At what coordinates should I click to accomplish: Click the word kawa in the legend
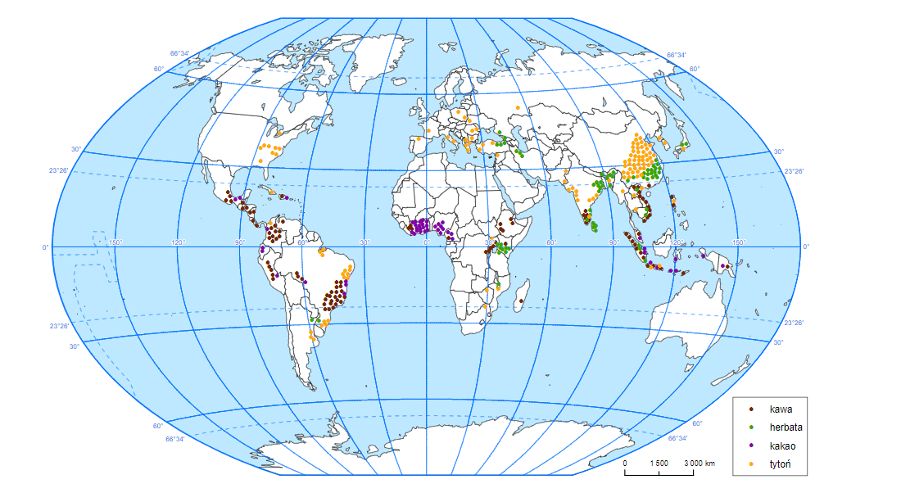point(781,408)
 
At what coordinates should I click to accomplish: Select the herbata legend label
point(786,427)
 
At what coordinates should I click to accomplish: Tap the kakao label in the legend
point(782,446)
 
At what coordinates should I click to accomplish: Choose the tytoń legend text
point(781,466)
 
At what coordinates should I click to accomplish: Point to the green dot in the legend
point(752,427)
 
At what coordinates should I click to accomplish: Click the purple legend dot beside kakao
point(752,446)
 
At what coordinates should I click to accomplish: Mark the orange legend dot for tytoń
point(752,466)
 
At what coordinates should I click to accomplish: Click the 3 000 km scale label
point(699,464)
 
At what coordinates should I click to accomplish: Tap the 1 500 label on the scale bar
point(659,464)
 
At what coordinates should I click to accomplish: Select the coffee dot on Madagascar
point(521,301)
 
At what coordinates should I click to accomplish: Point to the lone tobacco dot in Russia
point(518,107)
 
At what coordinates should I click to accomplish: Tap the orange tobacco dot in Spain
point(419,140)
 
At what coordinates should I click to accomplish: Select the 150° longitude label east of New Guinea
point(739,242)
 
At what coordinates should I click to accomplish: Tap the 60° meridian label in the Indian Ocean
point(551,242)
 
